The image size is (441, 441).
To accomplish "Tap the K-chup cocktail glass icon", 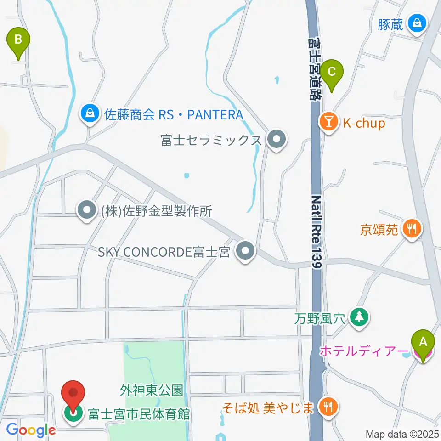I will (329, 123).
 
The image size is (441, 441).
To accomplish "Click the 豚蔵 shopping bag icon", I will (418, 23).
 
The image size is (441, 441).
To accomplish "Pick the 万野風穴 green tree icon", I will (359, 317).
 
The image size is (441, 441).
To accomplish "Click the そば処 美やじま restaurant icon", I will (328, 406).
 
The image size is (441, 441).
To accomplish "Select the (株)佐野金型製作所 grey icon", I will (86, 210).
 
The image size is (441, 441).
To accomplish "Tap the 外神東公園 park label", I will (152, 391).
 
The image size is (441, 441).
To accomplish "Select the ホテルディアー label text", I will (363, 352).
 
